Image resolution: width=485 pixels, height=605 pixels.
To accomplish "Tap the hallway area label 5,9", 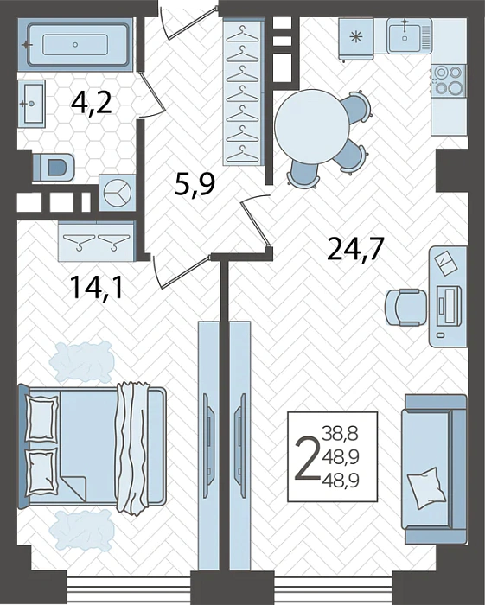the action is click(x=194, y=184).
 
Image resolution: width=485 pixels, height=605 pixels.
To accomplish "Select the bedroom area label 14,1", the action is click(x=97, y=288).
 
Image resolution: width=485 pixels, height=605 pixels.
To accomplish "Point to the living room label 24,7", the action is click(x=355, y=249).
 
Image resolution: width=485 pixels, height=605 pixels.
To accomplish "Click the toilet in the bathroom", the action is click(x=54, y=167).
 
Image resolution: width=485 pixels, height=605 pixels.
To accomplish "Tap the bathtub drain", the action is click(x=75, y=45).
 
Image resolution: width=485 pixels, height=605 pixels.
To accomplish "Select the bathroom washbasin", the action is click(x=32, y=104).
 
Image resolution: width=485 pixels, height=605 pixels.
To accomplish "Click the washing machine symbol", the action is click(x=118, y=192).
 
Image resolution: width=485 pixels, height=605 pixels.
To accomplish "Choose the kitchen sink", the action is click(x=405, y=35).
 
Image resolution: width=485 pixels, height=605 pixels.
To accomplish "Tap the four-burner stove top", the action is click(x=449, y=80).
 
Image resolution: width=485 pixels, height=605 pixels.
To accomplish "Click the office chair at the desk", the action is click(x=406, y=308).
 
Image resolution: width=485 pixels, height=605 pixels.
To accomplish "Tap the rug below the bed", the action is click(x=82, y=529).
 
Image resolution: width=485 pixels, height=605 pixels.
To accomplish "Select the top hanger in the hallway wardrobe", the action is click(x=242, y=34).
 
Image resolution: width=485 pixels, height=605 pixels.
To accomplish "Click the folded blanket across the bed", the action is click(x=133, y=448).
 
